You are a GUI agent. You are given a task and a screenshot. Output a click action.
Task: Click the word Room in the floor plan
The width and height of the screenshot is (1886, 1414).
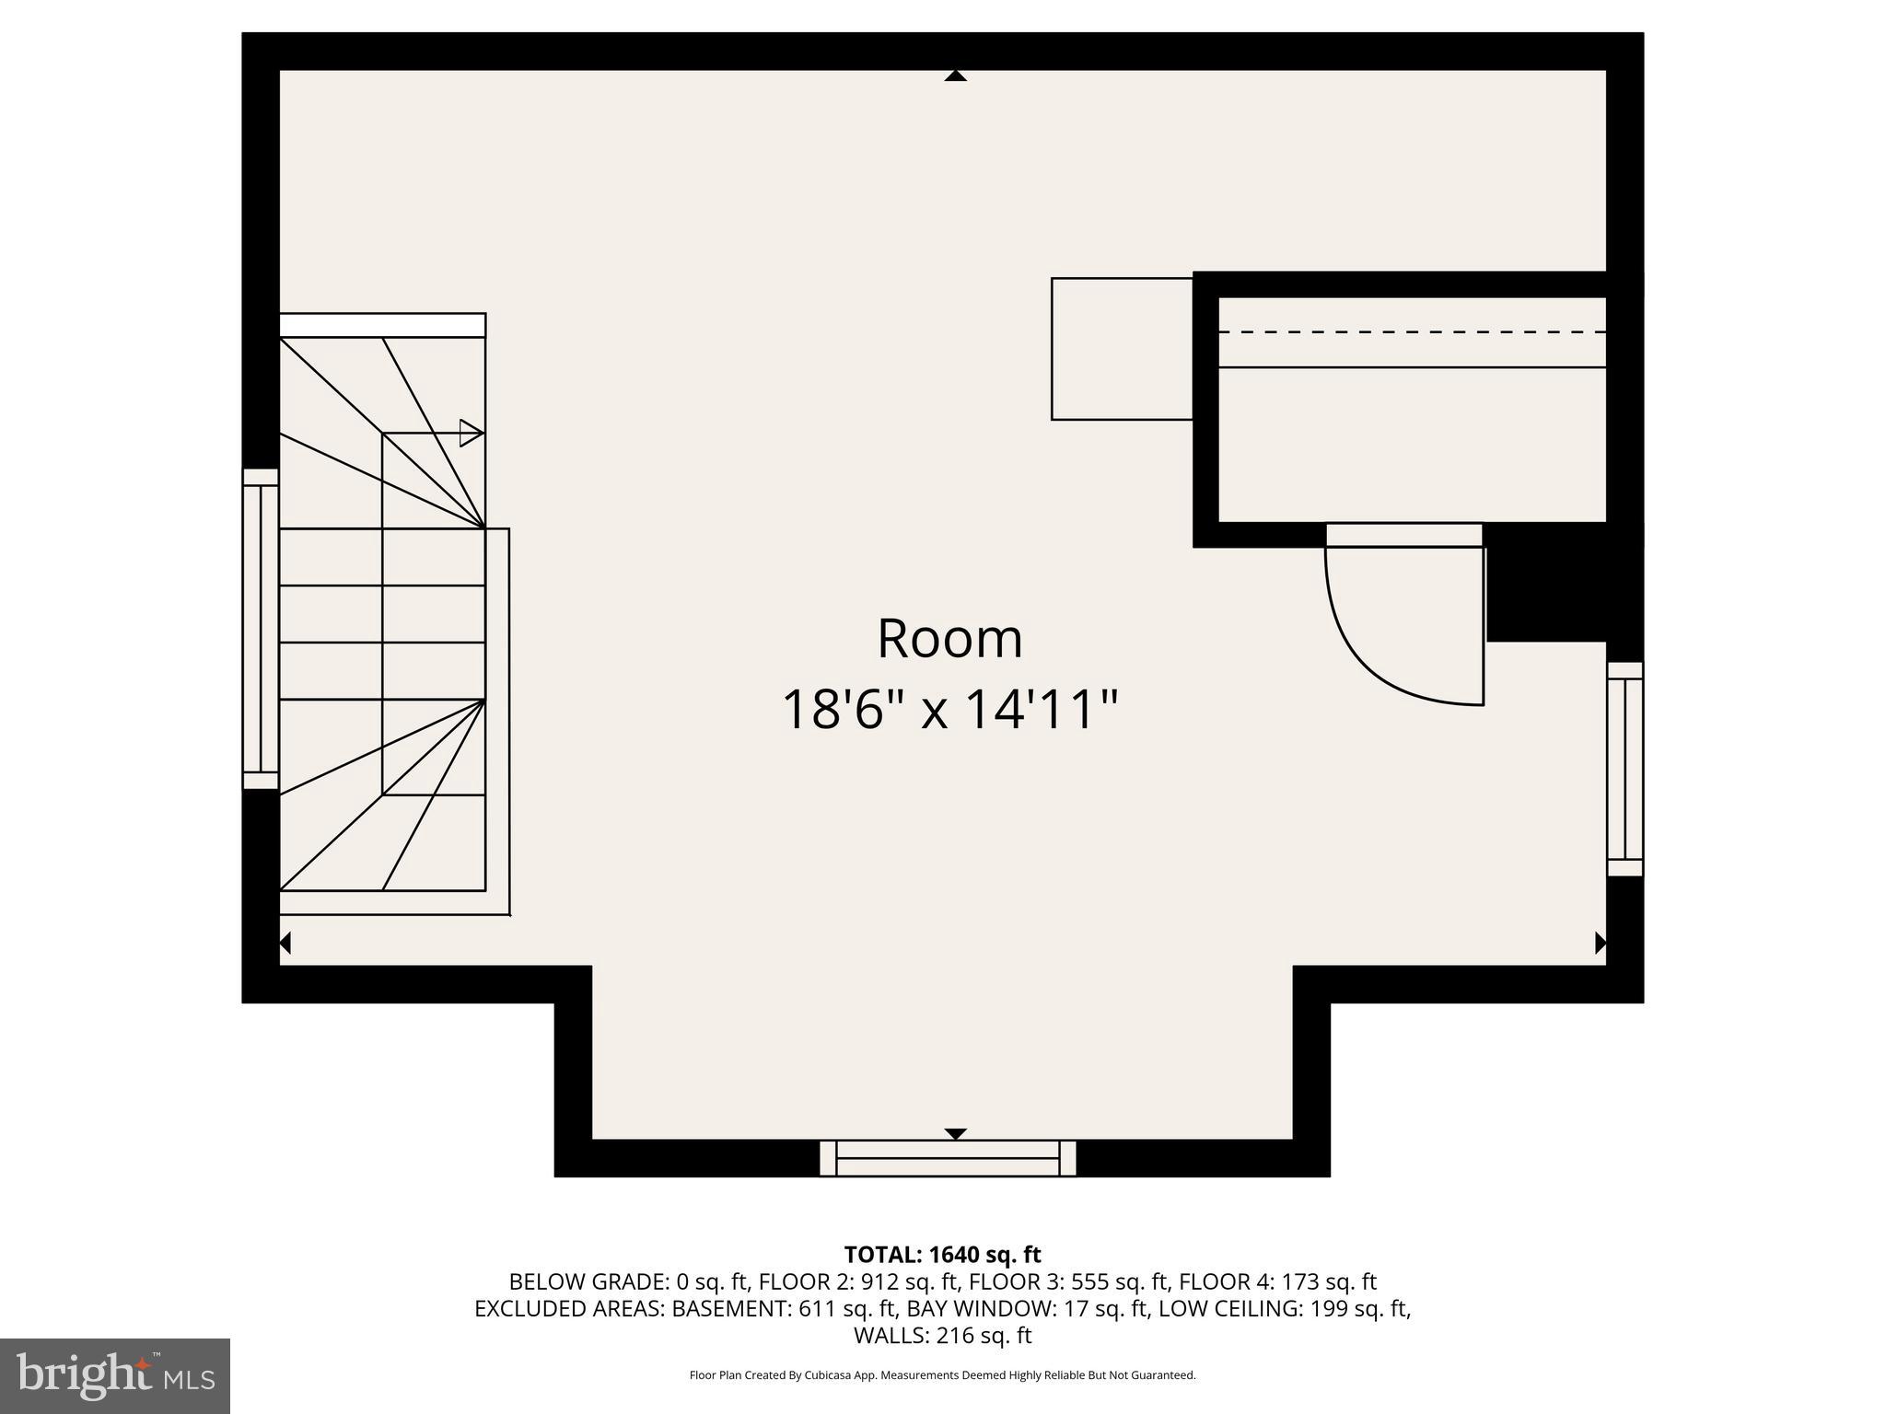(x=949, y=639)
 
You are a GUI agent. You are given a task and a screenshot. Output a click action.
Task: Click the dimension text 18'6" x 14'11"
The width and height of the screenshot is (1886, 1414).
(x=949, y=710)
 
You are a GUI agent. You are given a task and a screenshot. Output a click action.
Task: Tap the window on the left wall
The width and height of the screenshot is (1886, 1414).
(x=261, y=629)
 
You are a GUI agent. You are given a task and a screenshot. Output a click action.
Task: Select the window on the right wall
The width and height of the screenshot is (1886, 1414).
(x=1625, y=769)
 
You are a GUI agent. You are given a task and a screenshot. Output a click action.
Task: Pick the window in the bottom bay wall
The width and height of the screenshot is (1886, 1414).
(x=948, y=1158)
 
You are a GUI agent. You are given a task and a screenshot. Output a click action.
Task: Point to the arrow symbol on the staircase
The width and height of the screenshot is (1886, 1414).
(x=471, y=433)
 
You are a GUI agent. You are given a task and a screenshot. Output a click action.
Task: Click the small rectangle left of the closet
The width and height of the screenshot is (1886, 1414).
(x=1122, y=349)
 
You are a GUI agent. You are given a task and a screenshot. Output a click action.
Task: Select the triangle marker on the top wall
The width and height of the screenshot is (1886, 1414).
(x=955, y=76)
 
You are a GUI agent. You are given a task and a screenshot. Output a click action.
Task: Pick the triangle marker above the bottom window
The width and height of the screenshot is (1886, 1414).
(x=955, y=1133)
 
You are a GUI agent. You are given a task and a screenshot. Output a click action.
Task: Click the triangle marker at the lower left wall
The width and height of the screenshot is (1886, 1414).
(x=285, y=943)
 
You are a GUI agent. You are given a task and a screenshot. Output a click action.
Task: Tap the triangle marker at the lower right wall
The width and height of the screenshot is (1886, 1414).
(x=1601, y=943)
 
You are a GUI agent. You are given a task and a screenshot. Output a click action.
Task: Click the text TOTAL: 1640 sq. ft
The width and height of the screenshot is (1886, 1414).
(x=942, y=1255)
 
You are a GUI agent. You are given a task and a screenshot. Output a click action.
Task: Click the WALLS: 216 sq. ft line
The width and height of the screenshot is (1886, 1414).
(x=942, y=1335)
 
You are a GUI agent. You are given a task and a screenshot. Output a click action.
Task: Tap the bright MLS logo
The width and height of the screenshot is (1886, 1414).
(x=115, y=1375)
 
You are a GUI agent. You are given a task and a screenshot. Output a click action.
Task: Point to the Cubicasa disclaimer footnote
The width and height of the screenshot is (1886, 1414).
(x=942, y=1375)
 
